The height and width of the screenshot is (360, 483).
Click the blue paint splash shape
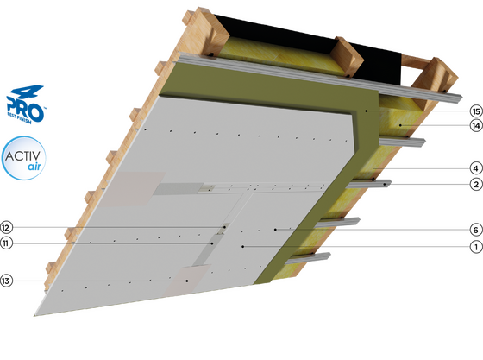point(25,101)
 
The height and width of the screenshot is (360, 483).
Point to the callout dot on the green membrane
point(366,112)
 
